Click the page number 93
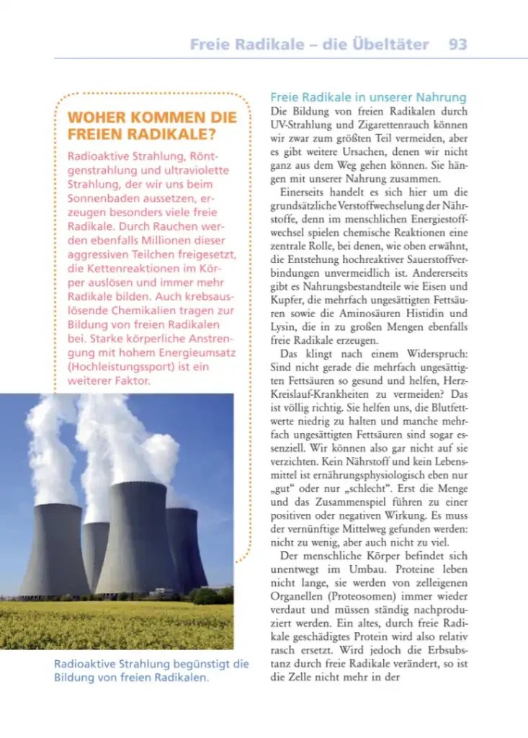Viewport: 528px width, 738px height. [x=457, y=44]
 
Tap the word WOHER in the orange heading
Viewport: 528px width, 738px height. [x=95, y=117]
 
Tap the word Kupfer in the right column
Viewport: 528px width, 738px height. [x=289, y=300]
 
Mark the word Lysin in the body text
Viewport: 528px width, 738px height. [x=284, y=327]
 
